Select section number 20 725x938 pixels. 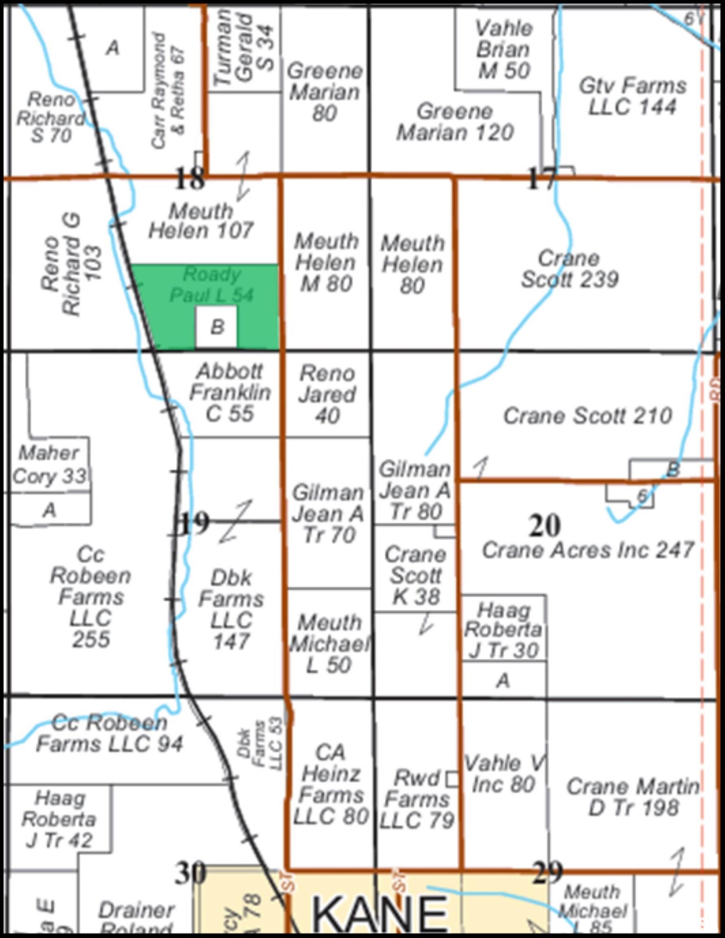tap(545, 526)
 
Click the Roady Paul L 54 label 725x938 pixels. tap(211, 284)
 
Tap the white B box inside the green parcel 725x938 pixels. tap(217, 327)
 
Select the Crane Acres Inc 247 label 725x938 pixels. tap(587, 550)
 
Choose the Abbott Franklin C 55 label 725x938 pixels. tap(230, 392)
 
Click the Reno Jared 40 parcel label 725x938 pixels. tap(327, 394)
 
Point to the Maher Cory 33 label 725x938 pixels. tap(49, 464)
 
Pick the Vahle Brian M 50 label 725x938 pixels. tap(504, 50)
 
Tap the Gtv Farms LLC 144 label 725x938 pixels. tap(633, 96)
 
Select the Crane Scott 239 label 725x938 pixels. tap(569, 269)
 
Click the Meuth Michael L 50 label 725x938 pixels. tap(329, 643)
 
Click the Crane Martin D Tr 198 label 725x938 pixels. tap(633, 797)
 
